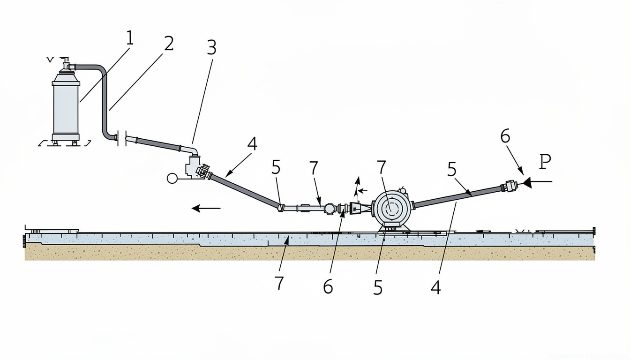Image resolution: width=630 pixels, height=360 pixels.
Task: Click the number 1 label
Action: coord(129,39)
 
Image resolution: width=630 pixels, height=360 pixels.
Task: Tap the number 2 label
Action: coord(168,44)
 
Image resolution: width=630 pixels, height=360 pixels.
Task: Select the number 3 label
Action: coord(211,47)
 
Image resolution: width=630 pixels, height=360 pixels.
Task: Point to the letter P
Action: coord(545,162)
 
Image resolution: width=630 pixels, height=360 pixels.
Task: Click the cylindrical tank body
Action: coord(66,108)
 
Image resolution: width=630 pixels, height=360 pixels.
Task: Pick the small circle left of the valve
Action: coord(172,178)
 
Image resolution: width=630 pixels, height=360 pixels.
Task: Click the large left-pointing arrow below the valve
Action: coord(206,208)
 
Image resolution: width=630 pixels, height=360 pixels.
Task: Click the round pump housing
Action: coord(391,209)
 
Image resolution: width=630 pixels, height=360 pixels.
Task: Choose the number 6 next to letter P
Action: coord(504,136)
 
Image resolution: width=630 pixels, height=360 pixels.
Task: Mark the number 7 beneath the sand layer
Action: coord(279,283)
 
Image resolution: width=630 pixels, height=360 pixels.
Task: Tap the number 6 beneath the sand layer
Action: coord(328,286)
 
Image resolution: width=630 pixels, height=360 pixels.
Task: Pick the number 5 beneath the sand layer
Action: coord(378,288)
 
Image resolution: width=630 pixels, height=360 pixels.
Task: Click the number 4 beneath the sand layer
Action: coord(436,287)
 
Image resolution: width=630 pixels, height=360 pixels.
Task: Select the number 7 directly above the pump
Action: coord(382,167)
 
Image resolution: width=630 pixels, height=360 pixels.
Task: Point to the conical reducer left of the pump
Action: coord(359,209)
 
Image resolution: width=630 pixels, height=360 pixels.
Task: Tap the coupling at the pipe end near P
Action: coord(510,187)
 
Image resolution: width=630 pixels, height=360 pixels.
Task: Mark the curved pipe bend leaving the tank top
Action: coord(99,70)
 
